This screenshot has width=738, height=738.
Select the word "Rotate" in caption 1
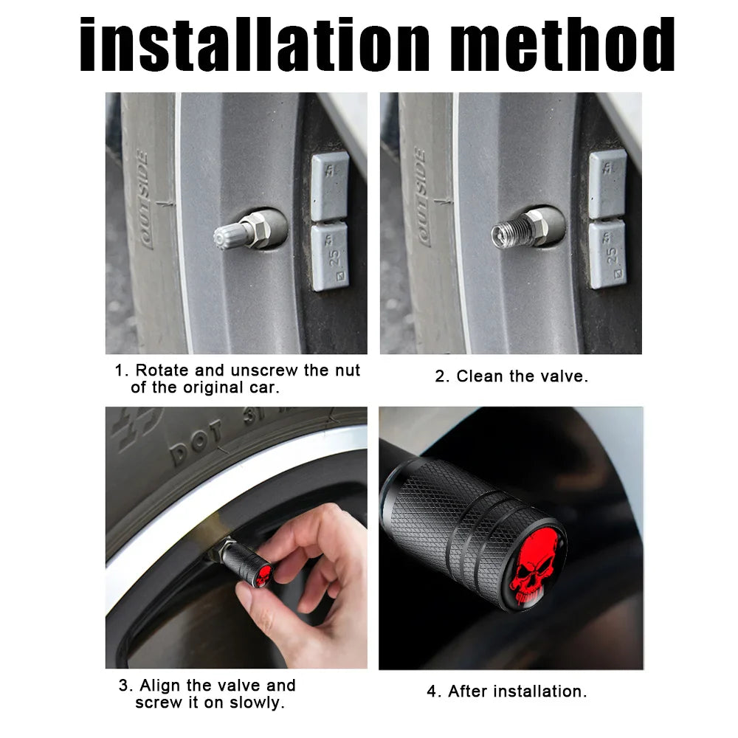[x=162, y=370]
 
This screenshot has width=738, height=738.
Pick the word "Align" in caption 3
[x=160, y=686]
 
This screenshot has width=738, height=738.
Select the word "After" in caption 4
[x=469, y=692]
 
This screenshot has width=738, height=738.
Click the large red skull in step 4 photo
[x=535, y=571]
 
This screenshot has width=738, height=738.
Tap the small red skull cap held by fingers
[x=264, y=574]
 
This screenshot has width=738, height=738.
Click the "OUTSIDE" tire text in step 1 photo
[x=145, y=199]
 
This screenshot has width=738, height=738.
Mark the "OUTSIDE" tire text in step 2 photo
[x=422, y=196]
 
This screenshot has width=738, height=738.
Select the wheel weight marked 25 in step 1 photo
[x=330, y=257]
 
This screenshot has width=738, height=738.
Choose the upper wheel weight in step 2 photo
[x=607, y=184]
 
